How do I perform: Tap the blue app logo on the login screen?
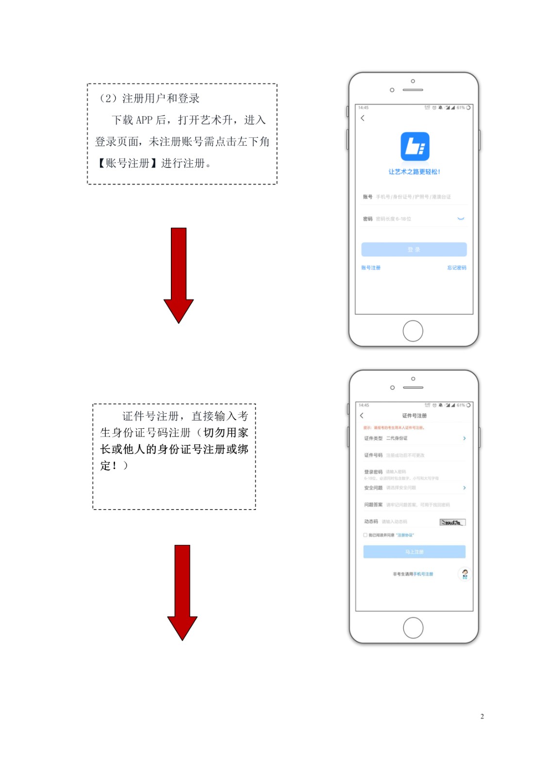(x=415, y=146)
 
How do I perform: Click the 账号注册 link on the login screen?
(x=371, y=268)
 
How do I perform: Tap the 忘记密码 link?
(x=456, y=268)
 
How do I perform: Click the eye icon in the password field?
(x=461, y=219)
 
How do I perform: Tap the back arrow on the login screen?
(x=363, y=118)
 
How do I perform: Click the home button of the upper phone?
(x=413, y=331)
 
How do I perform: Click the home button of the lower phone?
(x=413, y=628)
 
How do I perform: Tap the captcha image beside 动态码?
(x=452, y=523)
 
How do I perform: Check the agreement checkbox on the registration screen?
(x=365, y=535)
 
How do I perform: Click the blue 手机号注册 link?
(x=423, y=574)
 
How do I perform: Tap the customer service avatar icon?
(x=465, y=574)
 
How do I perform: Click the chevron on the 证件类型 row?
(x=464, y=438)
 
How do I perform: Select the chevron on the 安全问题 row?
(x=464, y=488)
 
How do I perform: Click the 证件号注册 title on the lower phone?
(x=414, y=416)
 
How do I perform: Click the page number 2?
(x=482, y=716)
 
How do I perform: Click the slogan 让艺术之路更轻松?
(x=414, y=172)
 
